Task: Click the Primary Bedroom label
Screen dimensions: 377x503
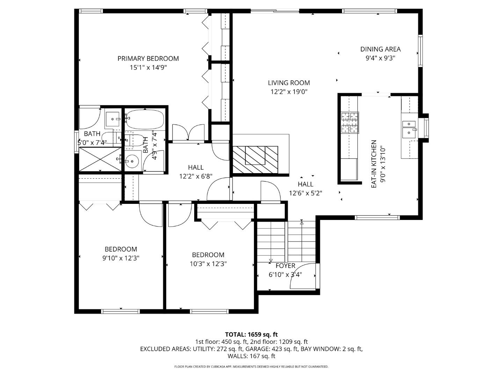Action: click(148, 59)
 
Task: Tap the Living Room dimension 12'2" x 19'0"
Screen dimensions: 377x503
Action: click(289, 92)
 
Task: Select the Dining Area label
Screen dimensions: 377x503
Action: click(380, 49)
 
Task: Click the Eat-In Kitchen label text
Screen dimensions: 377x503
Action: click(374, 164)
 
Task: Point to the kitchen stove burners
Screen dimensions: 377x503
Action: click(350, 123)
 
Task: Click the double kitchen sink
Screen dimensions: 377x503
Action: click(409, 128)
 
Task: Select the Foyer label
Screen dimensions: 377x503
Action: click(285, 266)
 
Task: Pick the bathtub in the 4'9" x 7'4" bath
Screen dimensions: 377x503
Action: click(145, 119)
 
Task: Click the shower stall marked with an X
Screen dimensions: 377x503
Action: click(100, 159)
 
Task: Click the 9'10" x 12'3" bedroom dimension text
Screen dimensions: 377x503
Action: click(121, 258)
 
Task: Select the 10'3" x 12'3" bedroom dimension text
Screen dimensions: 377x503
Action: click(208, 264)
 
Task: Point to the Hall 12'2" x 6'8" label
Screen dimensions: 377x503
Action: click(196, 168)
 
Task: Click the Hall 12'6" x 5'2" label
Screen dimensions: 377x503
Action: click(306, 184)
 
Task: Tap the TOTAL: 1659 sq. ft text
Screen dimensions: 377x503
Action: click(251, 334)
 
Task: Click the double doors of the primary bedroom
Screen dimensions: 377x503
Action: click(188, 133)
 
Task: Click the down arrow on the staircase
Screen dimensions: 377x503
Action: click(271, 260)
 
